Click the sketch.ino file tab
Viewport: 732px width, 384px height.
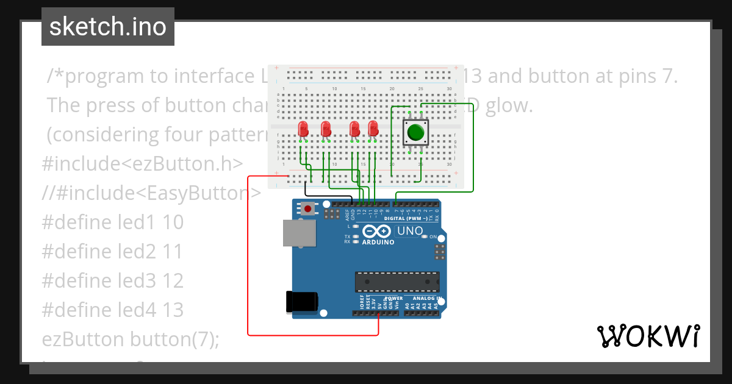click(107, 27)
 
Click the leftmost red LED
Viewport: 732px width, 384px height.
click(303, 129)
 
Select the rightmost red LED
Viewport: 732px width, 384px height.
click(373, 129)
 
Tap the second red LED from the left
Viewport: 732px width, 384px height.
click(326, 129)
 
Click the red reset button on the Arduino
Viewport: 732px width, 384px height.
click(308, 209)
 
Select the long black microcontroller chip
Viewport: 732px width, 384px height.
click(397, 282)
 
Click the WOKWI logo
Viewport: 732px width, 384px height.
click(648, 336)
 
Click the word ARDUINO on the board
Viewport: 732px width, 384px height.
click(378, 242)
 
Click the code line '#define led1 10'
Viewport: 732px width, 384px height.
click(113, 222)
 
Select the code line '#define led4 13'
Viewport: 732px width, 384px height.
click(113, 310)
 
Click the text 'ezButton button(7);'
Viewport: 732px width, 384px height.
click(131, 339)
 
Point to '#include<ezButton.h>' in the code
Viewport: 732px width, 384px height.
click(142, 164)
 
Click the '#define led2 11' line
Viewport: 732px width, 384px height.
click(113, 252)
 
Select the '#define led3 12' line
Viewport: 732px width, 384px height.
click(113, 281)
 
